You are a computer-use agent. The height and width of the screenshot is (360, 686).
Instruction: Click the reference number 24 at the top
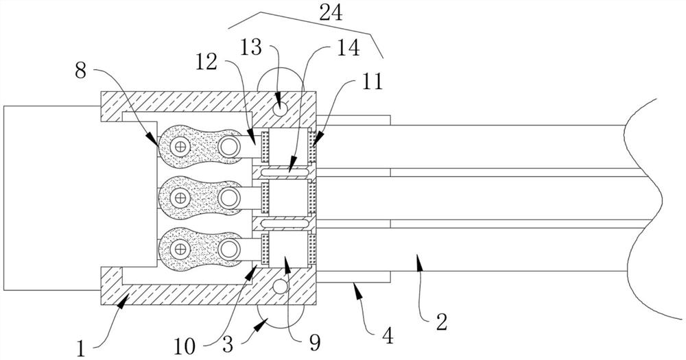(331, 13)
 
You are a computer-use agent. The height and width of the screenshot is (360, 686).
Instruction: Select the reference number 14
(348, 48)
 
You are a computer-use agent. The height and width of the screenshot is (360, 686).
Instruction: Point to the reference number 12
(206, 62)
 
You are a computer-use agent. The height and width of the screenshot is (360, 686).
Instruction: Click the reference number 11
(372, 82)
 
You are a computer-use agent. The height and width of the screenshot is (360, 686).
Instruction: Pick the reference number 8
(80, 71)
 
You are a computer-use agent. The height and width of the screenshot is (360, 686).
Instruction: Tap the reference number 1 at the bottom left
(82, 350)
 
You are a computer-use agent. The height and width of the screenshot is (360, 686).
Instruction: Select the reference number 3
(227, 344)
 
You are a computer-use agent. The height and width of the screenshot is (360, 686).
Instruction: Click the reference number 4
(388, 337)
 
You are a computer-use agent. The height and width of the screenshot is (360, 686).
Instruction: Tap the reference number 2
(442, 322)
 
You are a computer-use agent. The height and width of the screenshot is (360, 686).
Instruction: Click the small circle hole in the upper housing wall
(281, 107)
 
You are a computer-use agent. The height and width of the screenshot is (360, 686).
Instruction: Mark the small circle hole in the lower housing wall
(281, 287)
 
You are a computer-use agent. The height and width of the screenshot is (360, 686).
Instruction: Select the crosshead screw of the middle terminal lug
(179, 198)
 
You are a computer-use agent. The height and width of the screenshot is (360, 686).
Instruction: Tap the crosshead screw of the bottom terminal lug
(179, 250)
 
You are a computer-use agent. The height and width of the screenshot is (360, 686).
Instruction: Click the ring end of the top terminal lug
(229, 146)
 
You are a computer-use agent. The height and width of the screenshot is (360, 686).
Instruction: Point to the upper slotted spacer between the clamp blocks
(284, 173)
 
